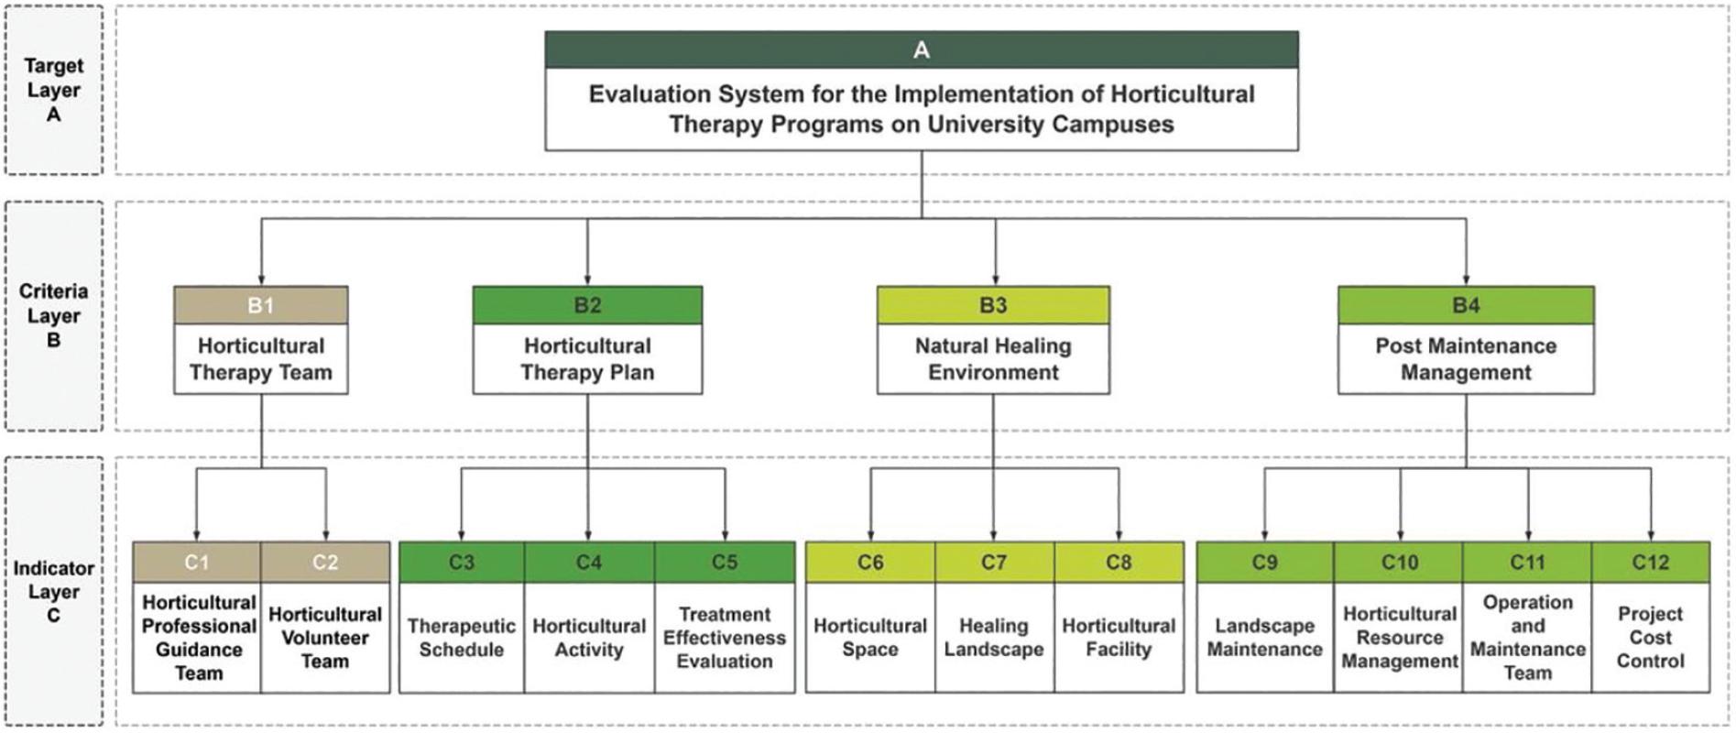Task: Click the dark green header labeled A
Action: (x=921, y=49)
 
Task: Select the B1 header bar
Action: (x=260, y=305)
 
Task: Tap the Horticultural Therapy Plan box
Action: (x=587, y=359)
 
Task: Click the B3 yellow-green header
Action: (x=993, y=305)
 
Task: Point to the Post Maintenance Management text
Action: (x=1465, y=359)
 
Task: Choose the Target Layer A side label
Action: (x=53, y=90)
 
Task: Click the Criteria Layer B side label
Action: (x=53, y=315)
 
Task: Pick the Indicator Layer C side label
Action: (x=53, y=592)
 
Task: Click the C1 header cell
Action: (x=196, y=562)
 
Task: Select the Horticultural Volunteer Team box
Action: (x=324, y=638)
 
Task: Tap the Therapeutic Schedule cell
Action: (x=461, y=638)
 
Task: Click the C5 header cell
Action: (x=724, y=562)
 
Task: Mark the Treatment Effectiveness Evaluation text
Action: (x=724, y=638)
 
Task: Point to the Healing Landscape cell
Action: (x=993, y=638)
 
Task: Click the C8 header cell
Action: (x=1118, y=562)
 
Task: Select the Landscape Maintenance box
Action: (x=1264, y=638)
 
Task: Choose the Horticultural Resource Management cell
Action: (x=1399, y=638)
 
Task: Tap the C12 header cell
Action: (x=1650, y=562)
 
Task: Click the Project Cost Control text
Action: (x=1650, y=638)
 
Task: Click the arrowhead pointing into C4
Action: (x=588, y=536)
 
